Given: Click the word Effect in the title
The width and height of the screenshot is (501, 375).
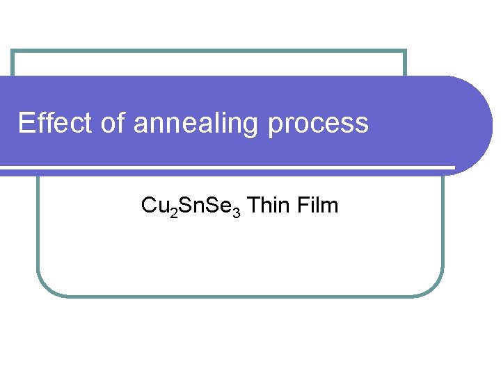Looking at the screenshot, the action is coord(52,123).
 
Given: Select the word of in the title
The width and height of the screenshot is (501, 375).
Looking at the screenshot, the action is coord(112,123).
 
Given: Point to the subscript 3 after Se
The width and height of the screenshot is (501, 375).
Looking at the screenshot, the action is coord(237,211).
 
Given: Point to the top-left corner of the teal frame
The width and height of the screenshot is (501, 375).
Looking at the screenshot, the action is coord(13,51).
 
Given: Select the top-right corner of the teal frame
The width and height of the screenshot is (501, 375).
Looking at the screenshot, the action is coord(405,51).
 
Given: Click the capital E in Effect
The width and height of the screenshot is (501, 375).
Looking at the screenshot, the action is coord(26,123).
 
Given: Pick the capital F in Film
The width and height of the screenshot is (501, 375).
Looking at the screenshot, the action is coord(302,206).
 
